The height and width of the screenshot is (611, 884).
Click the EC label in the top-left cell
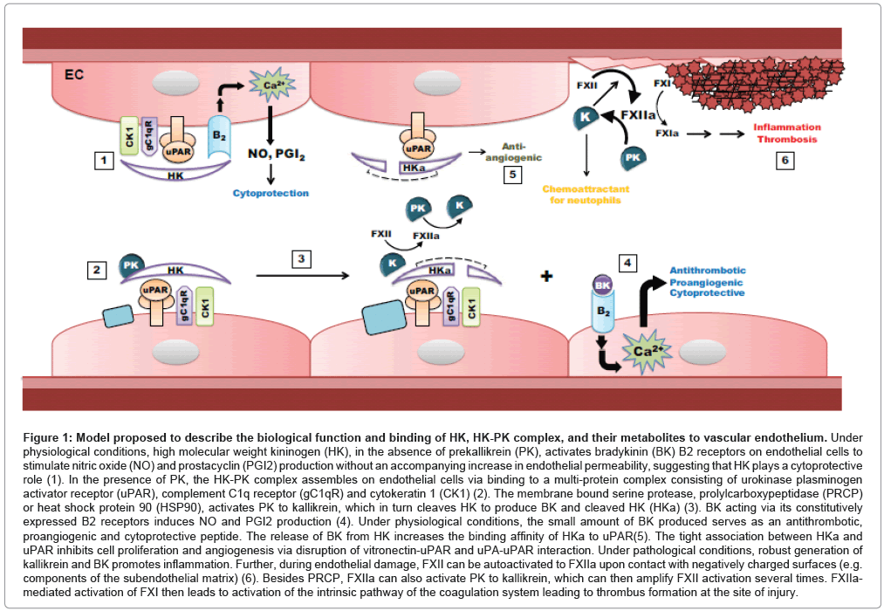click(x=75, y=75)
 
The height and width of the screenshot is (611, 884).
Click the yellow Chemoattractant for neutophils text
click(x=587, y=195)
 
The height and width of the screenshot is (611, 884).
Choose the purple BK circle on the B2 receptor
click(x=601, y=285)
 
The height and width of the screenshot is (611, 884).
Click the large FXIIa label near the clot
click(x=638, y=114)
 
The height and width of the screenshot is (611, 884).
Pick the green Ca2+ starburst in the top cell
click(x=271, y=86)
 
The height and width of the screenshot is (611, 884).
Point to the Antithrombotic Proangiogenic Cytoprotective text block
click(x=708, y=282)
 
